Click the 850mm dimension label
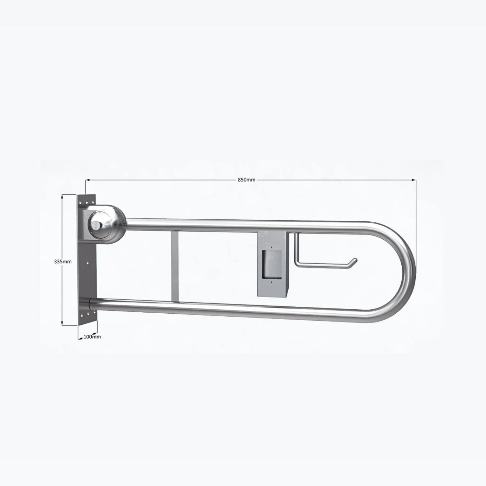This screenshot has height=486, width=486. point(246,180)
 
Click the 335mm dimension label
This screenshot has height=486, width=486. point(63,262)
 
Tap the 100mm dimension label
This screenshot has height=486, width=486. point(92,337)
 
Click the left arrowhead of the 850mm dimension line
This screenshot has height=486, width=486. point(88,180)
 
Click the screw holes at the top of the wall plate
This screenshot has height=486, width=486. point(87,202)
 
